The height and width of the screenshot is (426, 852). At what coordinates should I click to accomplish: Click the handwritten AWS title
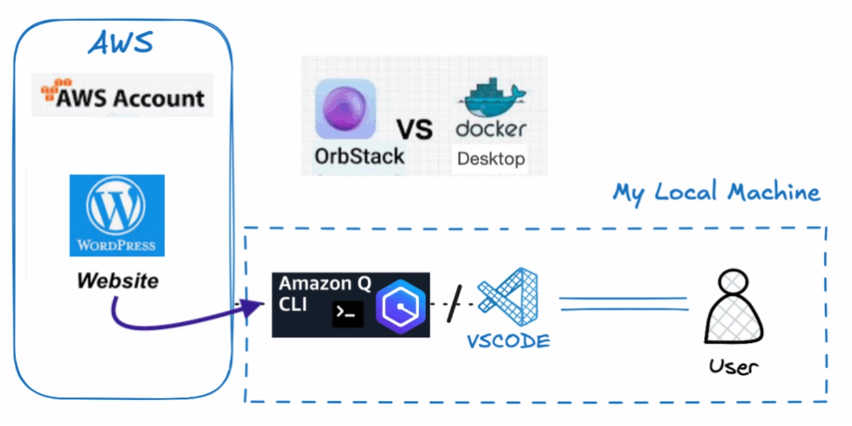pyautogui.click(x=120, y=42)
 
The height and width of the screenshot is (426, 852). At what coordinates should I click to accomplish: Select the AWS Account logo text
pyautogui.click(x=130, y=98)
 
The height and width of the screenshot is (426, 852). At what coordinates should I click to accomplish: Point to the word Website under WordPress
pyautogui.click(x=117, y=281)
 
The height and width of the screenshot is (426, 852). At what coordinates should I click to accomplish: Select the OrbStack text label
pyautogui.click(x=359, y=156)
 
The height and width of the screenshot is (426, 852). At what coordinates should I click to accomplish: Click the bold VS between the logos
pyautogui.click(x=414, y=130)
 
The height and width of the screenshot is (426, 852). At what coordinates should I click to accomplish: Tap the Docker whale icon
pyautogui.click(x=492, y=98)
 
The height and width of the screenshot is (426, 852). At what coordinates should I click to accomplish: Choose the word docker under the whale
pyautogui.click(x=491, y=129)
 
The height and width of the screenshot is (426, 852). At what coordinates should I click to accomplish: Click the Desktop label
pyautogui.click(x=491, y=159)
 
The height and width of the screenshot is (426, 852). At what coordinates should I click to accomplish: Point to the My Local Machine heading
pyautogui.click(x=716, y=193)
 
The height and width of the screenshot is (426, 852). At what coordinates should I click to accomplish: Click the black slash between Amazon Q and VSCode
pyautogui.click(x=456, y=305)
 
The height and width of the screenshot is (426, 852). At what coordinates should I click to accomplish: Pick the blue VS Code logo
pyautogui.click(x=509, y=299)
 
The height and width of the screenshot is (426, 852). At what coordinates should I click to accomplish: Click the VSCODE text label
pyautogui.click(x=508, y=341)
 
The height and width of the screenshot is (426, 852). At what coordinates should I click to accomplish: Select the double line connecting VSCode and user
pyautogui.click(x=623, y=304)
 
